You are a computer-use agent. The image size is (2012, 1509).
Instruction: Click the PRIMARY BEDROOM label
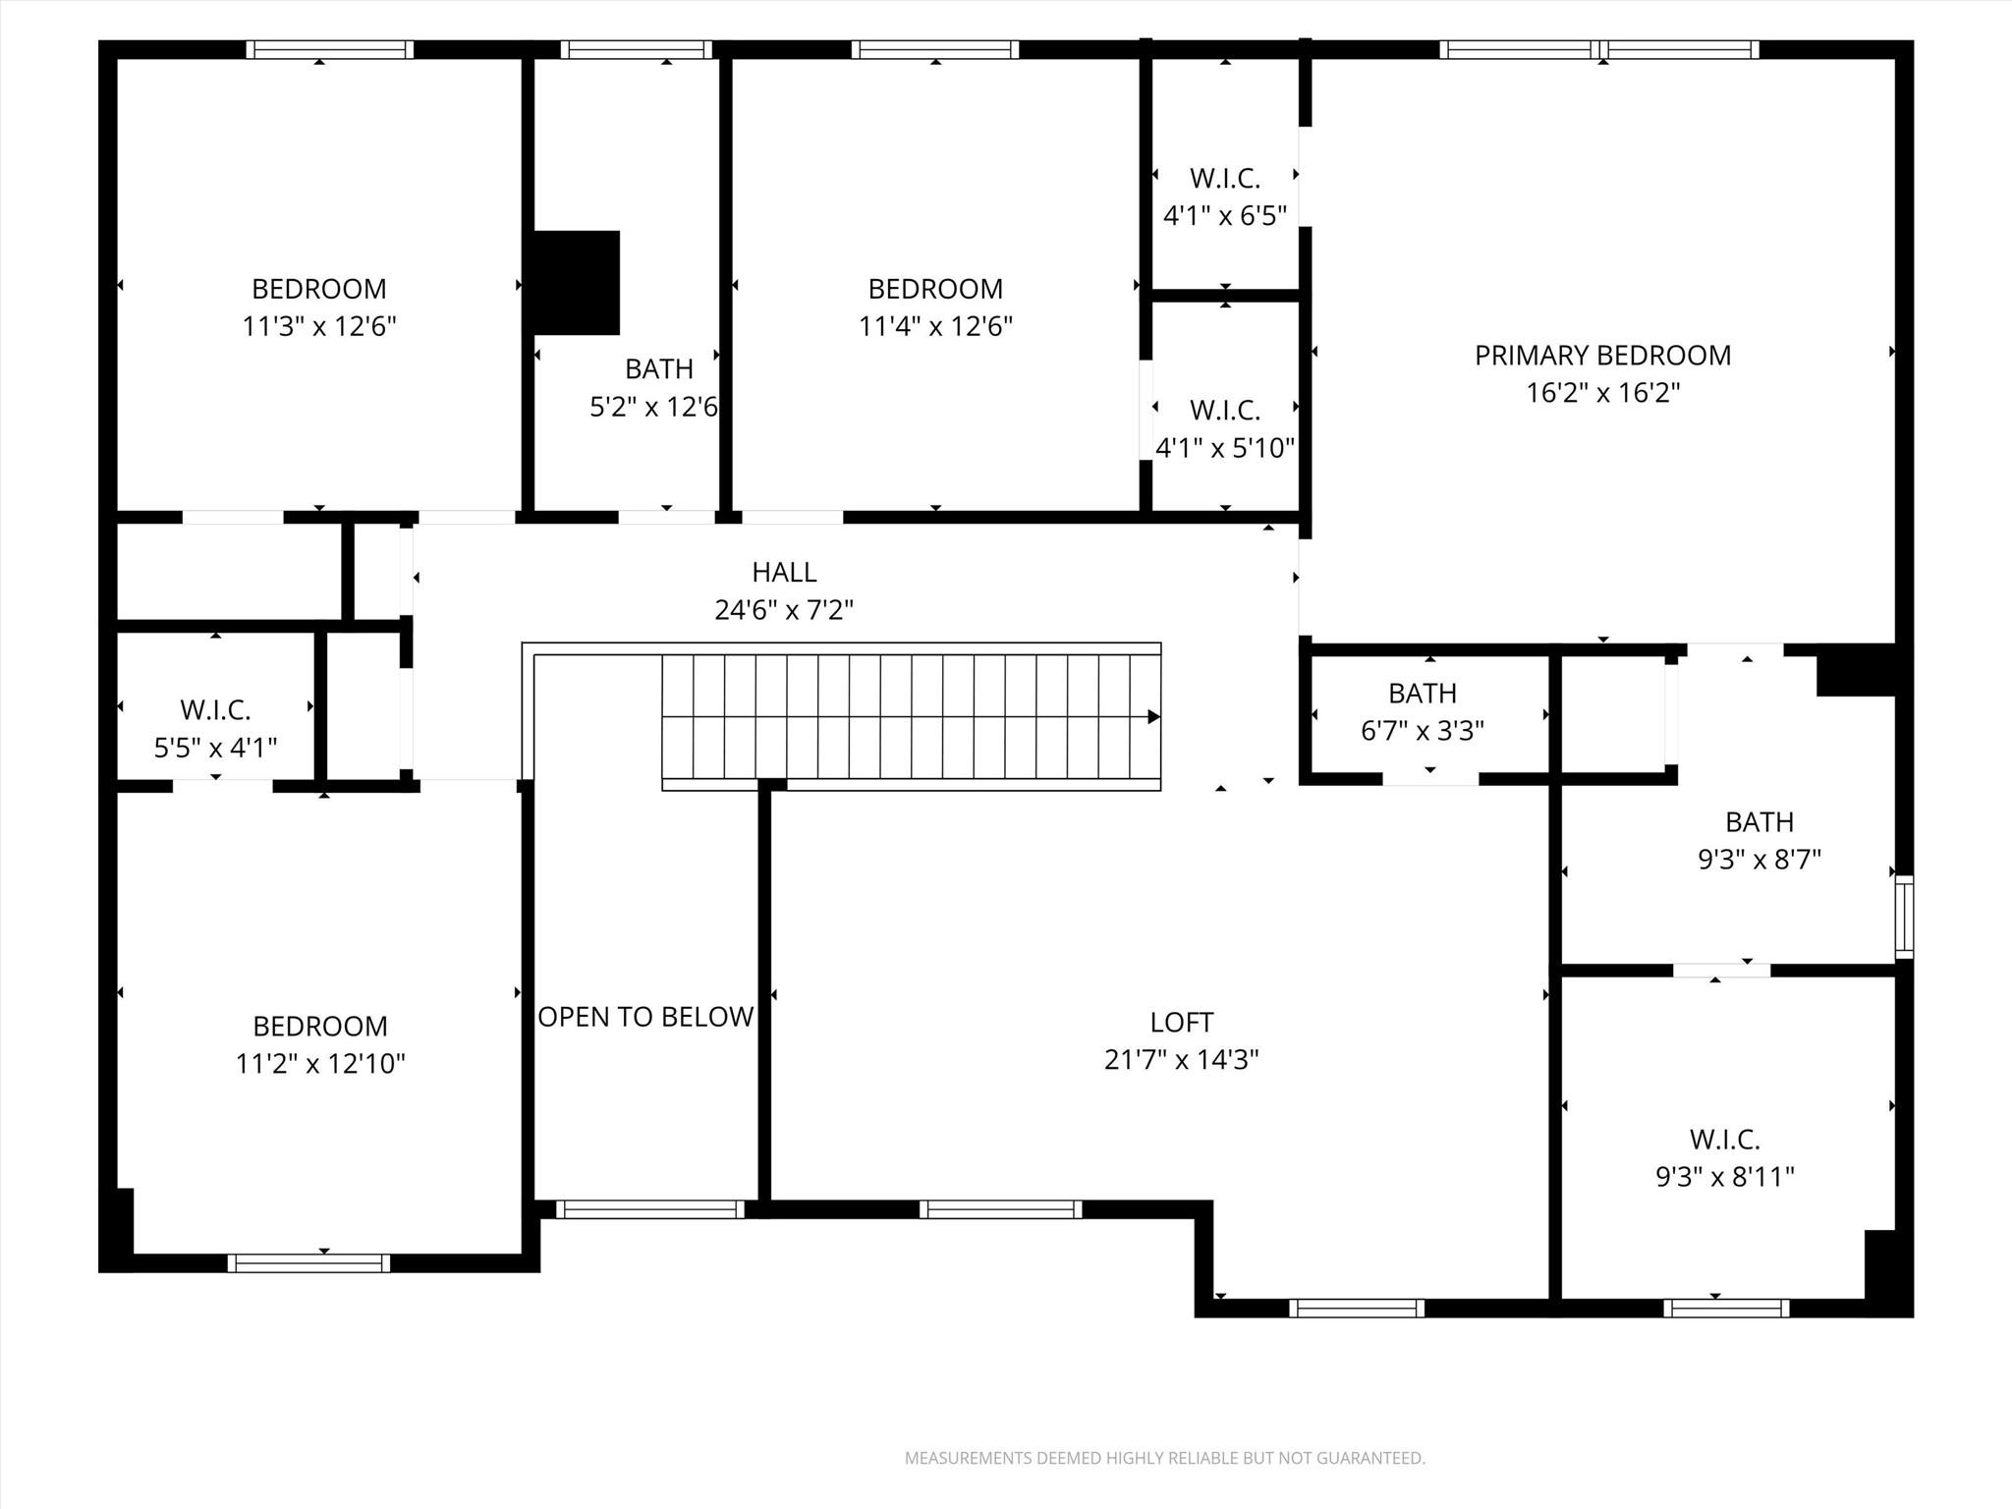[x=1602, y=356]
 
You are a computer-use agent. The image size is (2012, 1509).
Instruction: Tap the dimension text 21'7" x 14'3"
[x=1181, y=1060]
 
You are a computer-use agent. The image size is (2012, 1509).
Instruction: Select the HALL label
[x=784, y=572]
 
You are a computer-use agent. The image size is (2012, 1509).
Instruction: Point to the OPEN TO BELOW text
[x=645, y=1017]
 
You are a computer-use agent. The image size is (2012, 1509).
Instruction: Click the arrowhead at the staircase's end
[x=1154, y=717]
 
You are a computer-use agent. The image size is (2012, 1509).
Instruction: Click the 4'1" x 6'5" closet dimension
[x=1224, y=216]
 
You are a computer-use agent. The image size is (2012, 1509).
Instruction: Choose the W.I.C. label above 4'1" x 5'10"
[x=1224, y=410]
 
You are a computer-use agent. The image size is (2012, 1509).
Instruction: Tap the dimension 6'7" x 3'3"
[x=1422, y=731]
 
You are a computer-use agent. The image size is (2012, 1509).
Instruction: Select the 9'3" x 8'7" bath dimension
[x=1759, y=860]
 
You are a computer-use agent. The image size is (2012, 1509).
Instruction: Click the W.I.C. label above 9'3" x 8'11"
[x=1724, y=1140]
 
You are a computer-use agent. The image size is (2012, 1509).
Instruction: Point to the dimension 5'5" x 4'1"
[x=215, y=749]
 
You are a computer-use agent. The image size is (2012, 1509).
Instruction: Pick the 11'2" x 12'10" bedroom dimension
[x=320, y=1064]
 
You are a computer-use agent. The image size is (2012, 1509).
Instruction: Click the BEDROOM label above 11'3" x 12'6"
[x=319, y=289]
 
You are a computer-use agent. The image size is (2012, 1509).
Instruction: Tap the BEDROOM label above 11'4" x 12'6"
[x=935, y=289]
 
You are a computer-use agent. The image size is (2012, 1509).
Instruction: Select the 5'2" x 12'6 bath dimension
[x=653, y=407]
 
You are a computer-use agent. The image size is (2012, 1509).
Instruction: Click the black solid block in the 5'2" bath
[x=577, y=283]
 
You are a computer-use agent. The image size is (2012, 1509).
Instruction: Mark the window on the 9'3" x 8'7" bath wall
[x=1904, y=918]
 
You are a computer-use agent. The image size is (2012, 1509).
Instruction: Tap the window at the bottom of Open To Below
[x=649, y=1209]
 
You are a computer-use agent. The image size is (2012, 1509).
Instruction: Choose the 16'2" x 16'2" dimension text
[x=1602, y=393]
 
